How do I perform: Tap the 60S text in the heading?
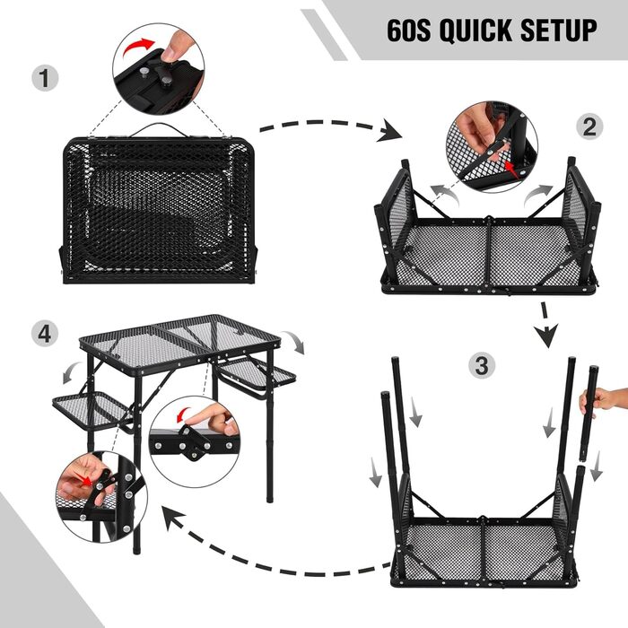coord(408,30)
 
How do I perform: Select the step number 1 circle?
coord(45,78)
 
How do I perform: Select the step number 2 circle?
coord(589,126)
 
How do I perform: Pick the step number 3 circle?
coord(482,365)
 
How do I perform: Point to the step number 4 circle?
coord(45,334)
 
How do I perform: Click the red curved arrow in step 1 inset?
coord(138,48)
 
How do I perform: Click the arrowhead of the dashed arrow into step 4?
coord(173,517)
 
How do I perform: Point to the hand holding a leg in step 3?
coord(603,401)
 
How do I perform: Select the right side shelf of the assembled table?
coord(257,374)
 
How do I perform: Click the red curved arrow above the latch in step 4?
coord(184,414)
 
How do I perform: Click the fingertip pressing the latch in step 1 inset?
coord(169,54)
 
